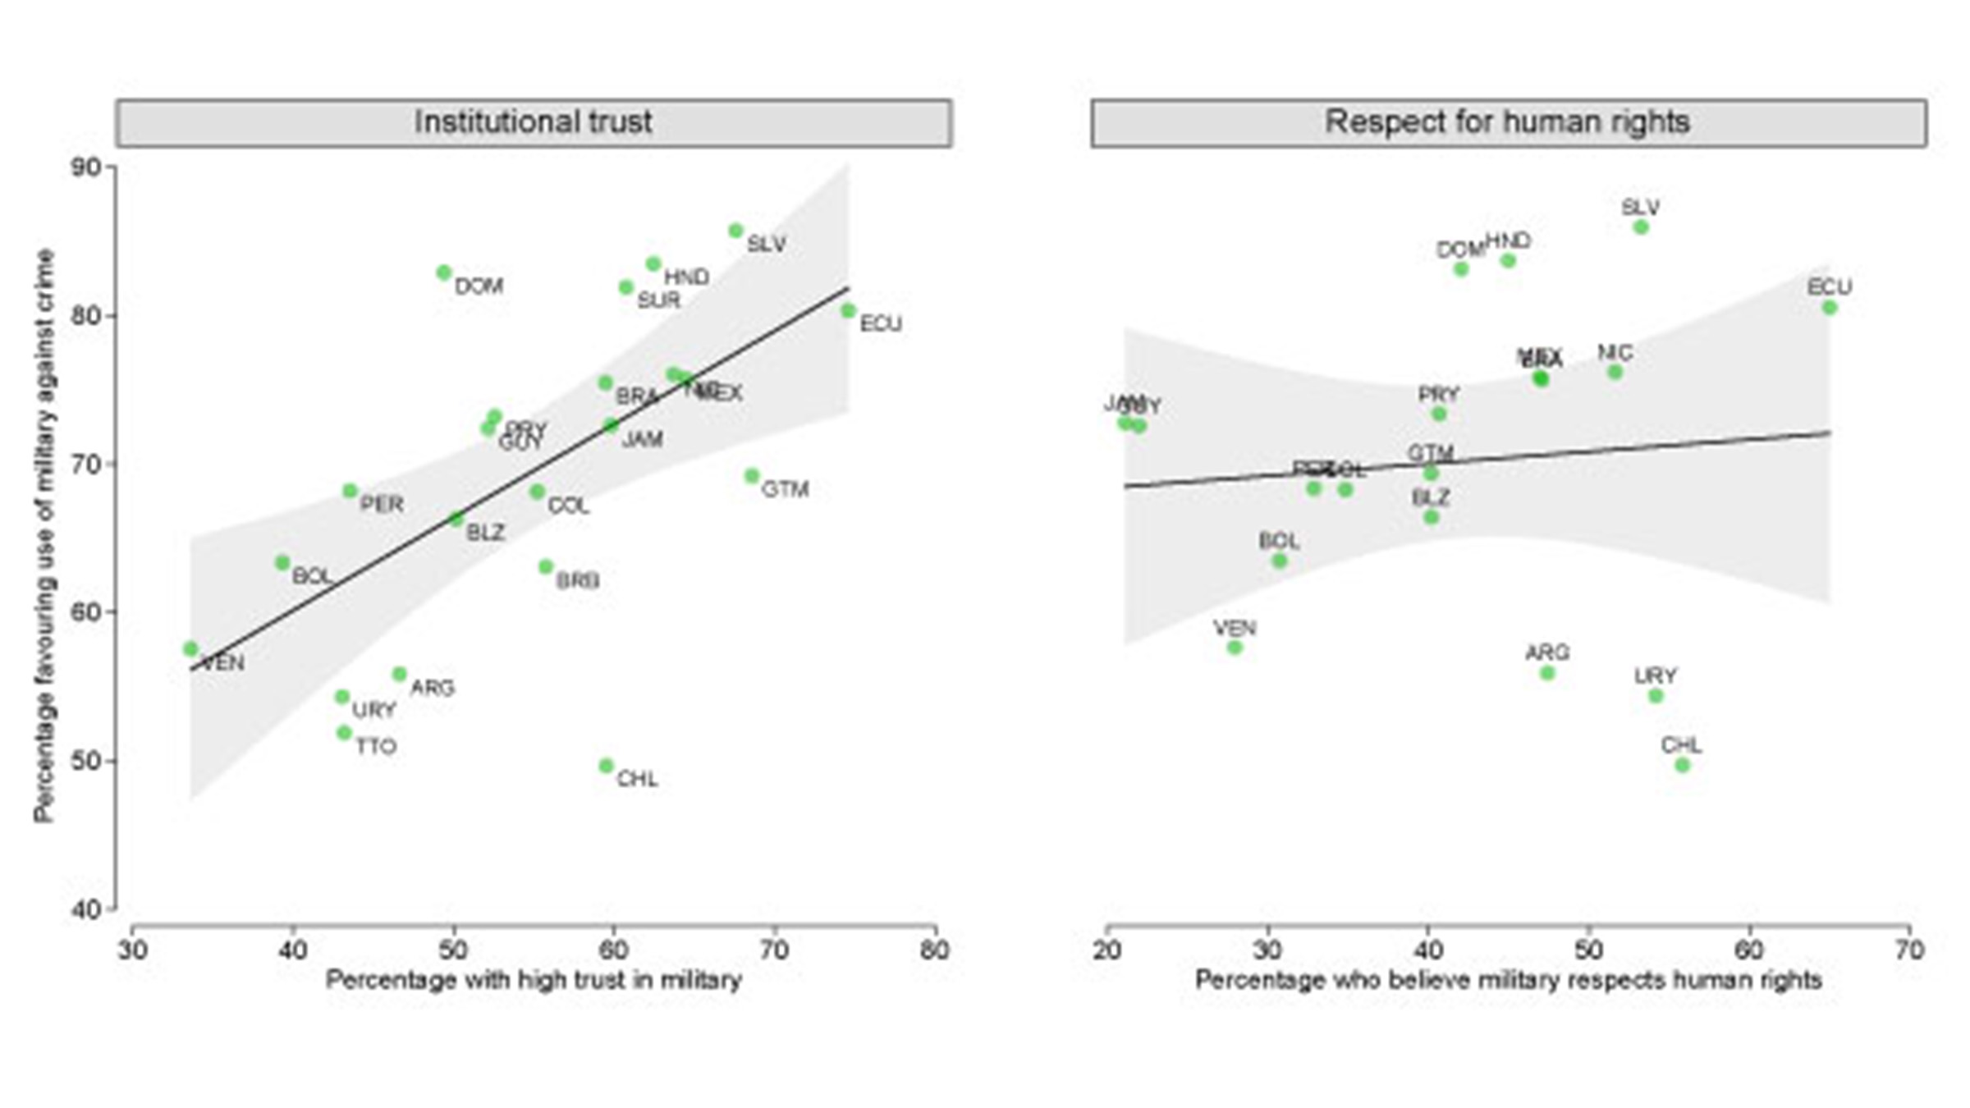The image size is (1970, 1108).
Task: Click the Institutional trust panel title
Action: tap(534, 122)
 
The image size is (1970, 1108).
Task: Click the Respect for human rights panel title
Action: tap(1508, 122)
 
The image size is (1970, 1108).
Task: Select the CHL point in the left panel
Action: tap(606, 766)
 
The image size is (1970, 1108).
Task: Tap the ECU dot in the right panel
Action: tap(1830, 308)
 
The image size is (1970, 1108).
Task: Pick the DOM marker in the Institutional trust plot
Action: tap(444, 272)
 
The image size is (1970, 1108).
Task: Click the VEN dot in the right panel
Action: tap(1235, 648)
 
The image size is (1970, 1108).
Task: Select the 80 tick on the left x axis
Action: tap(935, 950)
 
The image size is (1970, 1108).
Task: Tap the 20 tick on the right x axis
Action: tap(1107, 950)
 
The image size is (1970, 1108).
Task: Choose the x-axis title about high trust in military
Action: tap(534, 980)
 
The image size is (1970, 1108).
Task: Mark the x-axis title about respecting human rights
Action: tap(1508, 980)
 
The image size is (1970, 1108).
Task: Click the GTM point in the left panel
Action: tap(752, 476)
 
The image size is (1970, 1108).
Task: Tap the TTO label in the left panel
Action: tap(376, 747)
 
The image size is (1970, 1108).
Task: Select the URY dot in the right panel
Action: tap(1656, 696)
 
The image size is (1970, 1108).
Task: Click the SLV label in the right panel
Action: tap(1640, 208)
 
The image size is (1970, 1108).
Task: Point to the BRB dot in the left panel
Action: tap(546, 567)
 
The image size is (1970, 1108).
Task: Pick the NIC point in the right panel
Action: tap(1615, 372)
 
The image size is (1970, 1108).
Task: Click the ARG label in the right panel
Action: tap(1547, 653)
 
